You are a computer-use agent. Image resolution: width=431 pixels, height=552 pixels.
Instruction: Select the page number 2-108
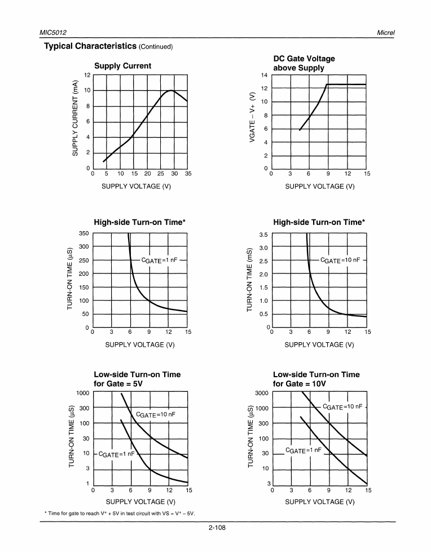(216, 528)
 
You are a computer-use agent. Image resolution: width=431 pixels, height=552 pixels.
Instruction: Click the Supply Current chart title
(122, 65)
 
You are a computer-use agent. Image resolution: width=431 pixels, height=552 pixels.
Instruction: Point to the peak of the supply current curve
(171, 90)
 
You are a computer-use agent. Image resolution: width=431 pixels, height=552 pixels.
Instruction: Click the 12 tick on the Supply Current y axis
(87, 75)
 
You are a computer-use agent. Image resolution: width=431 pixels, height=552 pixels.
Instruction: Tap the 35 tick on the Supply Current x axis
(188, 174)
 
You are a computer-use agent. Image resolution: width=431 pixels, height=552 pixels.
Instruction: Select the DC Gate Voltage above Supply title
(304, 63)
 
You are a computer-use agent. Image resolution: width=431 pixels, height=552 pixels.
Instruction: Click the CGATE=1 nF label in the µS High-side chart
(160, 260)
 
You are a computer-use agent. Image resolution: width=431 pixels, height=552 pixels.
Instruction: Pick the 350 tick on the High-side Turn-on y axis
(84, 233)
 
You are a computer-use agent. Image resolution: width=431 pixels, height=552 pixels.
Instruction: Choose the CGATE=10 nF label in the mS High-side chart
(340, 260)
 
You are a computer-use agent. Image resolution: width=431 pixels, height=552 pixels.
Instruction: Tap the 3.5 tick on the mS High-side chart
(263, 234)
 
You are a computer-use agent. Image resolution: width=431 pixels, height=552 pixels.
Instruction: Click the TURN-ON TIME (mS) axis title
(249, 280)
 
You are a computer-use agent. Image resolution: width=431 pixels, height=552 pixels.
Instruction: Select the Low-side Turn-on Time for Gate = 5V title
(137, 379)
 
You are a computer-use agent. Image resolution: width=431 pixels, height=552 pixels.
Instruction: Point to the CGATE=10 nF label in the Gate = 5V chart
(156, 414)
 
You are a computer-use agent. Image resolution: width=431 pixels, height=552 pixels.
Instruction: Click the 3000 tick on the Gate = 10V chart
(261, 392)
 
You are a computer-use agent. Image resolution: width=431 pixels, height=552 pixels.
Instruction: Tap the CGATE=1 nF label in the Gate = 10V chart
(304, 450)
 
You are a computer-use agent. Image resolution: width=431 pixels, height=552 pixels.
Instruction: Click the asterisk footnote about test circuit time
(119, 513)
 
